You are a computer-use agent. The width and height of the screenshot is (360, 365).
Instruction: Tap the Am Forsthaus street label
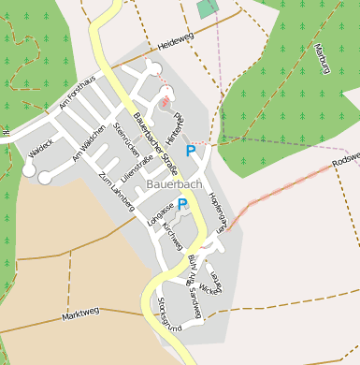click(x=77, y=95)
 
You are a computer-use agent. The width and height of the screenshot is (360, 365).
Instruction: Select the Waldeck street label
click(x=40, y=149)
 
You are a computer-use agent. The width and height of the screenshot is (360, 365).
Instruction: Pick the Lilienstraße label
click(x=137, y=163)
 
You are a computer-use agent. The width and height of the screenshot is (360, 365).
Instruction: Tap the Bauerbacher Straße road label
click(x=154, y=141)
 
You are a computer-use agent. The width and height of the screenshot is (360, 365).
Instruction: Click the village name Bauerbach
click(x=174, y=184)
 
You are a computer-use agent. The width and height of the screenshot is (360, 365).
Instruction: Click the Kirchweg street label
click(x=172, y=236)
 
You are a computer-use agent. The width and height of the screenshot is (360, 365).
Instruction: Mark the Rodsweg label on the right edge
click(x=345, y=156)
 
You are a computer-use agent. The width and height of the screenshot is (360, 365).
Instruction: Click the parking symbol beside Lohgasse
click(x=183, y=203)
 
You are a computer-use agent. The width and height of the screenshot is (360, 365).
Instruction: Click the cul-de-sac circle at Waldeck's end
click(x=29, y=171)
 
